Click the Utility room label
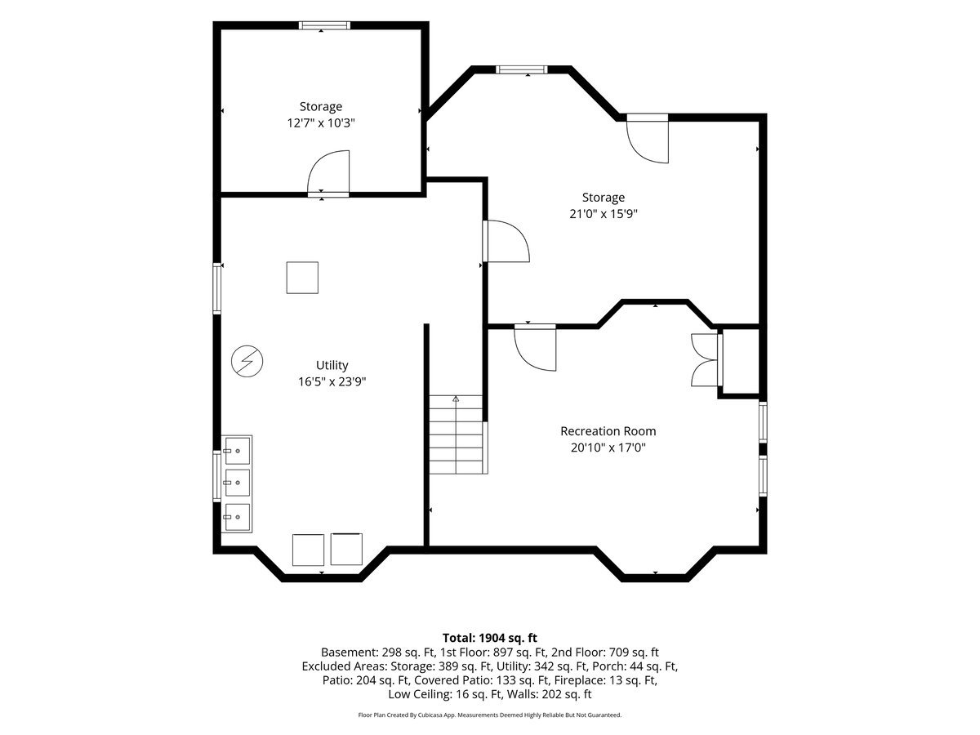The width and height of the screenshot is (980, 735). coord(332,366)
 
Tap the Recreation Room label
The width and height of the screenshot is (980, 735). coord(608,431)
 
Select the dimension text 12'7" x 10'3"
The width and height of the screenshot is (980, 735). coord(321,122)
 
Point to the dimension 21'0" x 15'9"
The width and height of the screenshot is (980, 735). coord(604,214)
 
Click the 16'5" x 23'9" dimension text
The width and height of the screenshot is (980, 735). coord(332,381)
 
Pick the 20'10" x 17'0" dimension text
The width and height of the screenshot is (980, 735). coord(608,448)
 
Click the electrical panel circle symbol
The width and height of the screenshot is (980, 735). coord(247,361)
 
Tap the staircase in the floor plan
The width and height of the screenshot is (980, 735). coord(456,434)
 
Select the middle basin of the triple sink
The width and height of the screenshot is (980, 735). coord(237,483)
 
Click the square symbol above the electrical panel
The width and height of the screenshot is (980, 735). coord(302,278)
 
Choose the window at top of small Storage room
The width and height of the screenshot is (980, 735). coord(324,26)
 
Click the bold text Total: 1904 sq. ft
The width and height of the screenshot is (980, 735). coord(490,638)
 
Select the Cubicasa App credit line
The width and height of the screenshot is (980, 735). coord(490,715)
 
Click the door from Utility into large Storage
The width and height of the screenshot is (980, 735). coord(506,241)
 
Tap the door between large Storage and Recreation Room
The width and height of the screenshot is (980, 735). coord(535,348)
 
